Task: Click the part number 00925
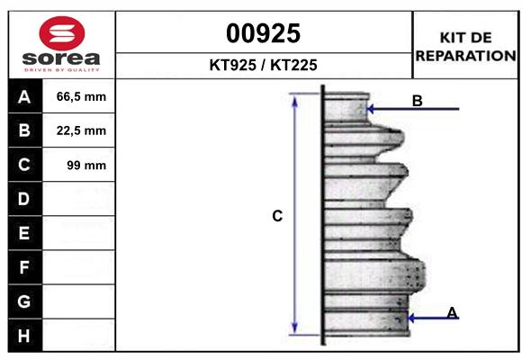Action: [x=263, y=33]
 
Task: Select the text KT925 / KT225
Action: [x=263, y=65]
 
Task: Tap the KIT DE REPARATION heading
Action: [x=465, y=46]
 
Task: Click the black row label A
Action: [x=24, y=97]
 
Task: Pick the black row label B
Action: [x=24, y=130]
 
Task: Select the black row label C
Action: [x=24, y=165]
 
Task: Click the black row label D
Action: [x=24, y=199]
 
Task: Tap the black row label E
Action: [x=24, y=233]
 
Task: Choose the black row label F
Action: [x=24, y=267]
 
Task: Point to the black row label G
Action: [x=24, y=301]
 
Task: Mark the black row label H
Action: [x=24, y=336]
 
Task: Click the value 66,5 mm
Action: [x=81, y=97]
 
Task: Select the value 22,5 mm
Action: [x=81, y=130]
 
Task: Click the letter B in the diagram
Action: [x=417, y=102]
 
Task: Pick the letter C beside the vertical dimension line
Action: [x=277, y=216]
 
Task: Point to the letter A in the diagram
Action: [x=452, y=312]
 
